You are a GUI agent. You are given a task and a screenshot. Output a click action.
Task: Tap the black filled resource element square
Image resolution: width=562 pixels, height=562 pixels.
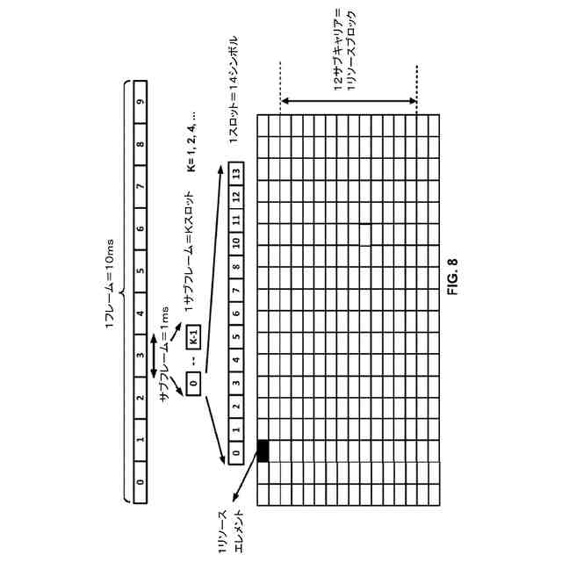(x=263, y=450)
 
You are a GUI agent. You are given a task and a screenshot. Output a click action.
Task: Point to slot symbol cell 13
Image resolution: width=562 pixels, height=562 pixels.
(x=234, y=171)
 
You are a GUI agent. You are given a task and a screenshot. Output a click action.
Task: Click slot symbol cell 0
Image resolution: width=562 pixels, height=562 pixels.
(x=234, y=453)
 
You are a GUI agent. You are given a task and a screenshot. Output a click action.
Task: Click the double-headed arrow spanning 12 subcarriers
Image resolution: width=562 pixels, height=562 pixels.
(x=349, y=102)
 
